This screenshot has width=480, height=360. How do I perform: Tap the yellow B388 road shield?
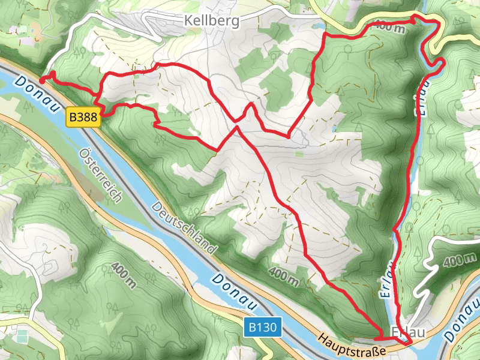click(83, 118)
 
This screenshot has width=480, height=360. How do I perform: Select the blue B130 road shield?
click(262, 328)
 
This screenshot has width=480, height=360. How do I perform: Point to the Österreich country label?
click(101, 175)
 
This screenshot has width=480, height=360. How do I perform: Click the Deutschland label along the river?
click(184, 229)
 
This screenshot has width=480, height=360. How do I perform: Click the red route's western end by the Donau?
click(41, 79)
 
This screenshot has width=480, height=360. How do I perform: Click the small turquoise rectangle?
click(23, 334)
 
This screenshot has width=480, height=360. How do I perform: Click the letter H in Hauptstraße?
click(323, 340)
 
